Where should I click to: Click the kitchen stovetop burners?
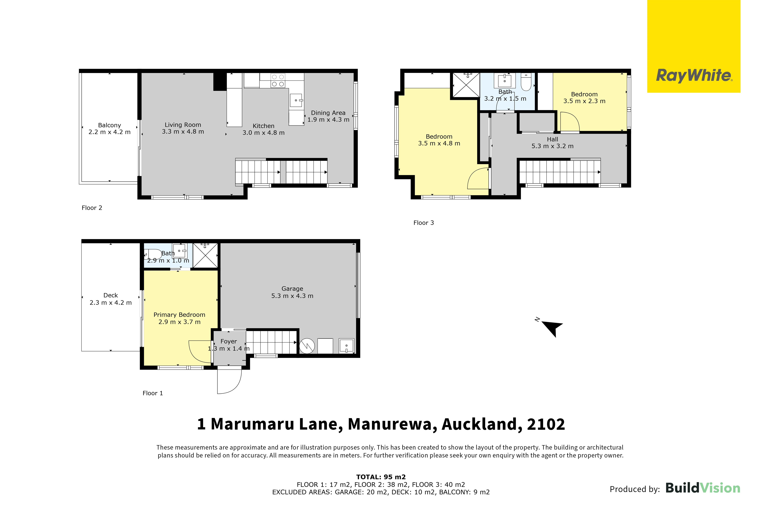point(278,81)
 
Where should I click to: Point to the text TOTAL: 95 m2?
point(381,477)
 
